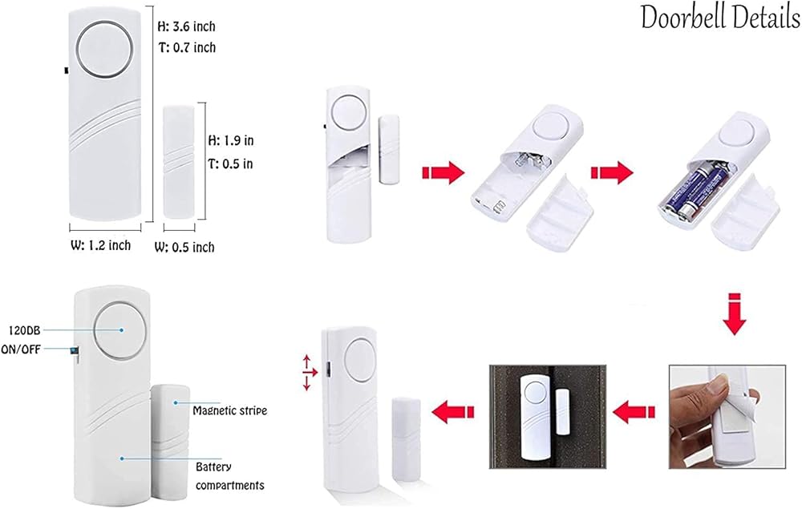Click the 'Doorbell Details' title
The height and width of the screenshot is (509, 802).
tap(719, 18)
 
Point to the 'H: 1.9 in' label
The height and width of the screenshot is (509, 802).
tap(231, 141)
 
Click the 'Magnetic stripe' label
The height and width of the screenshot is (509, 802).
tap(229, 410)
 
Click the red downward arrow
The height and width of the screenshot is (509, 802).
tap(734, 315)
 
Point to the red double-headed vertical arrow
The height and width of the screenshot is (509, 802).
tap(306, 374)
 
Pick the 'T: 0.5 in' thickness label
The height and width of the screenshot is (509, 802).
tap(231, 164)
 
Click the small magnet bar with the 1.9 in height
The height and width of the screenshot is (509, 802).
tap(178, 162)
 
